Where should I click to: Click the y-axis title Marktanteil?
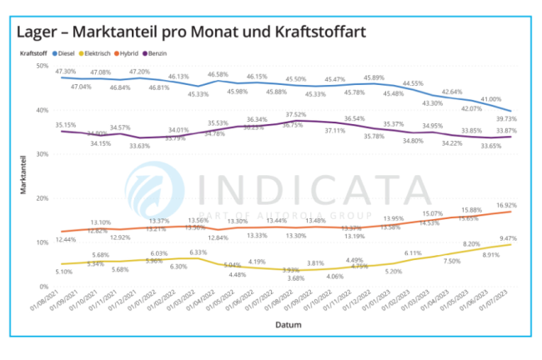(x=23, y=176)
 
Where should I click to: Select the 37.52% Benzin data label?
(x=296, y=114)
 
